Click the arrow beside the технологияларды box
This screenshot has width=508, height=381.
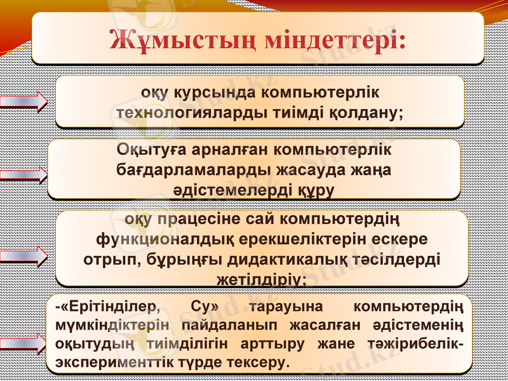(x=25, y=102)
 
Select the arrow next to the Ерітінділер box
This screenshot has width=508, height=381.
(x=25, y=344)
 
